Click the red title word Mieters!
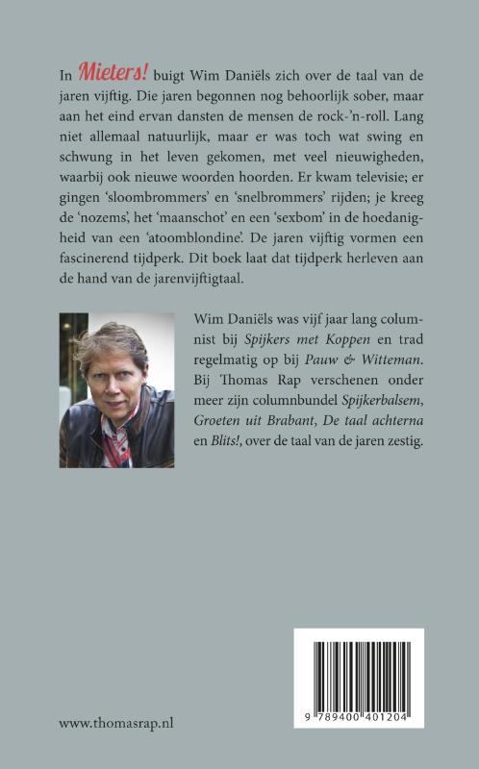(112, 71)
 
